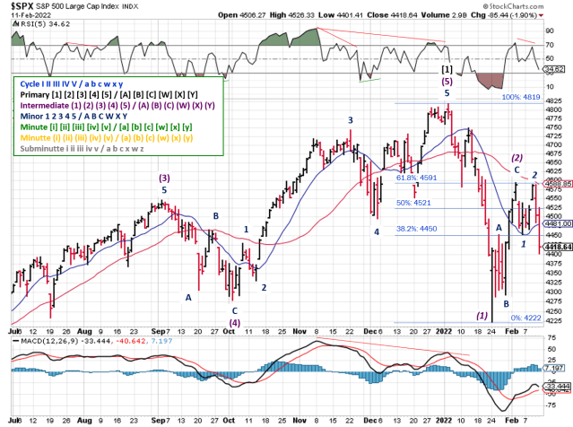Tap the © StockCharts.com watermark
531,15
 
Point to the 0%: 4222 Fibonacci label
525,318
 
